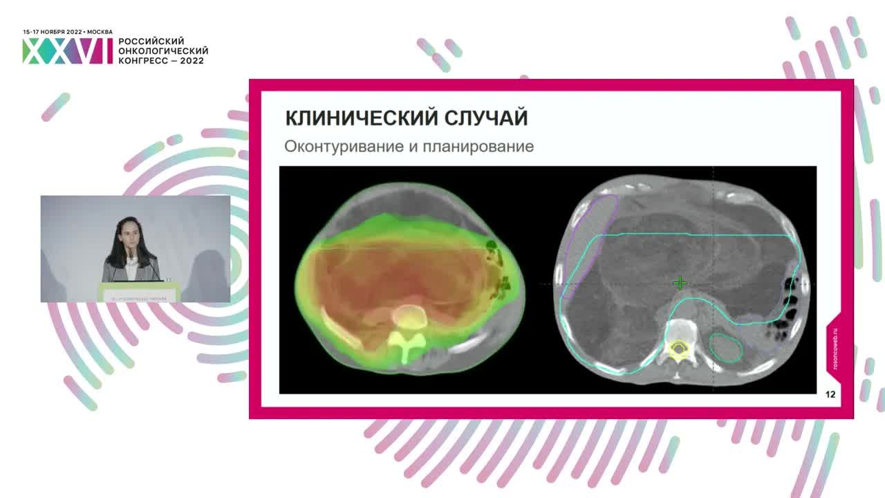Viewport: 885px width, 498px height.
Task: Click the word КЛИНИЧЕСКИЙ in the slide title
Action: coord(351,118)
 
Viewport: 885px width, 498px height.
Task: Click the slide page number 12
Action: coord(830,395)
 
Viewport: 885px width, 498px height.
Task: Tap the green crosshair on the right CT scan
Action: coord(680,283)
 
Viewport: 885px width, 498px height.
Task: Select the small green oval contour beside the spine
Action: coord(727,347)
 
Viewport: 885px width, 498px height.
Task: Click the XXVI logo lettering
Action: coord(67,51)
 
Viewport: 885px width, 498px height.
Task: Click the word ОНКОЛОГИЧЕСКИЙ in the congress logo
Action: coord(163,51)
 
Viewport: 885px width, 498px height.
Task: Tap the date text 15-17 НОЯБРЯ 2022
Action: coord(53,32)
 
